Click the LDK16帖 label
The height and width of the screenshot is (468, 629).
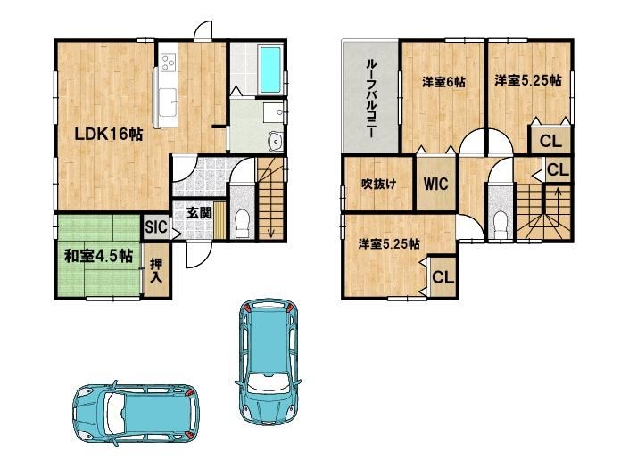tap(109, 135)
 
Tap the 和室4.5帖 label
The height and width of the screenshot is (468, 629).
tap(98, 256)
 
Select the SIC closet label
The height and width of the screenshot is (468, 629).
tap(155, 227)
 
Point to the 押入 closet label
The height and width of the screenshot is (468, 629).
tap(155, 271)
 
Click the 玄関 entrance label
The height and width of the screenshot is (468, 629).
tap(199, 212)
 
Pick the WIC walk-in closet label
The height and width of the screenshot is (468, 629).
tap(435, 184)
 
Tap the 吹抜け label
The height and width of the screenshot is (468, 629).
tap(378, 184)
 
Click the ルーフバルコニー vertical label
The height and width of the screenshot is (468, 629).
tap(371, 99)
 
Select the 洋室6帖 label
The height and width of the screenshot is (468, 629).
tap(443, 82)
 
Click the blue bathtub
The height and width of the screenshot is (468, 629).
tap(270, 70)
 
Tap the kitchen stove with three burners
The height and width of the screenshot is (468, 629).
tap(169, 63)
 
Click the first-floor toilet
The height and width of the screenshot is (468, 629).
tap(242, 223)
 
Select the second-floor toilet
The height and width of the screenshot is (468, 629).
tap(500, 226)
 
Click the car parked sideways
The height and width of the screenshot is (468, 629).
tap(136, 414)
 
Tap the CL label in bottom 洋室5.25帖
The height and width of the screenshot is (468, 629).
tap(443, 277)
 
